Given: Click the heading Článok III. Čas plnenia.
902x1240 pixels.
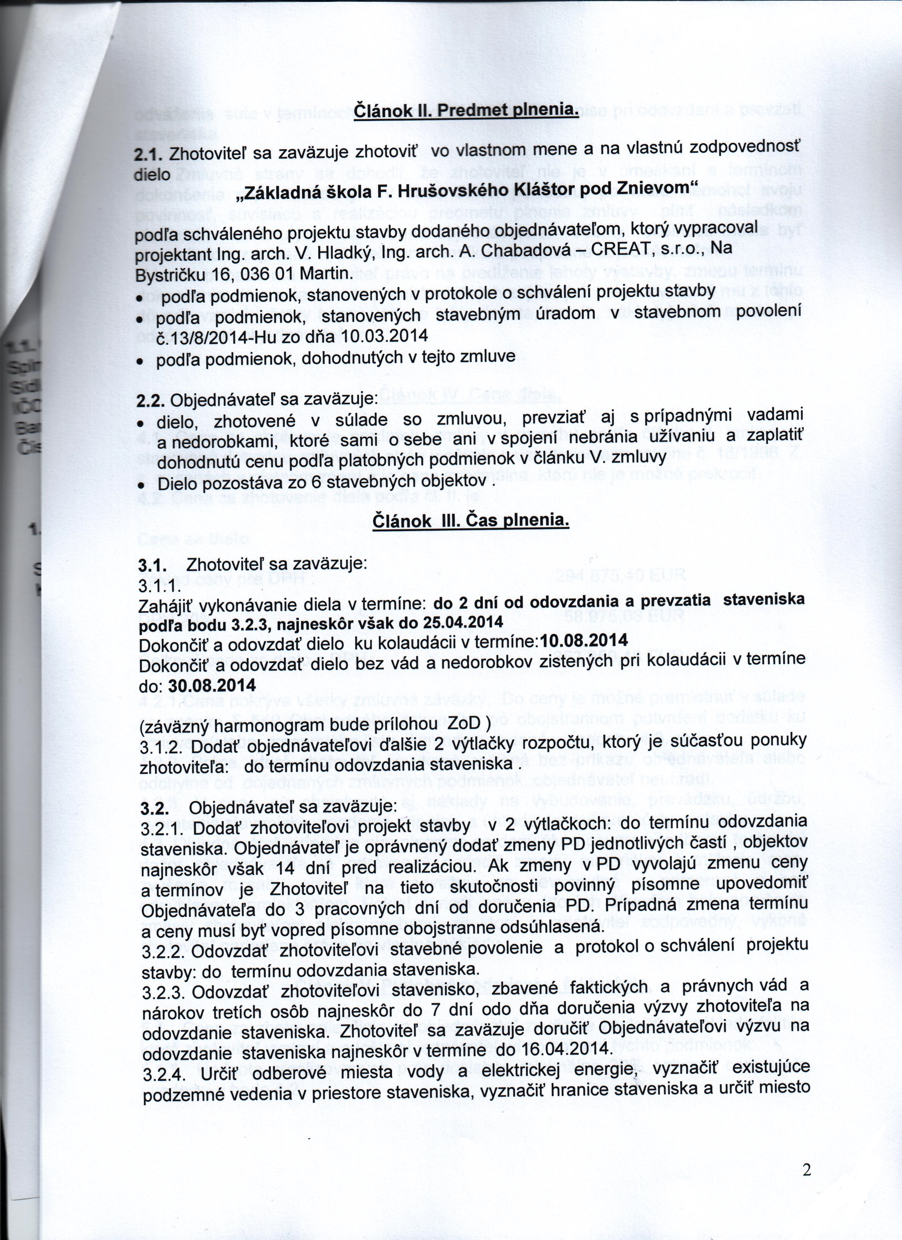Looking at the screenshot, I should (471, 520).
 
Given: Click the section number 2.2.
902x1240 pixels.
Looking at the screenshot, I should (150, 400).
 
